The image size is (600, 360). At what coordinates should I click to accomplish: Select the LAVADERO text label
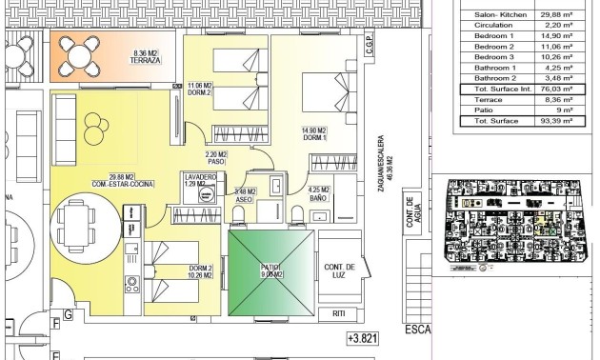[201, 178]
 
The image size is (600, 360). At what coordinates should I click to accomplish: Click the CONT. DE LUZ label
[339, 270]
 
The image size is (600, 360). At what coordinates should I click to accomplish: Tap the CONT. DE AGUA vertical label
[412, 218]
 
